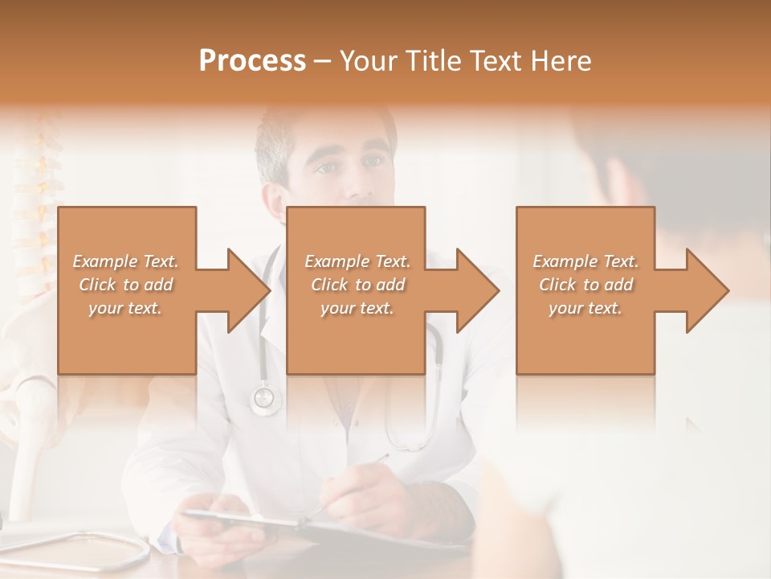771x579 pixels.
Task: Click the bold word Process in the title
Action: (252, 61)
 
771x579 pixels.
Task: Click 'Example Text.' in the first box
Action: (125, 261)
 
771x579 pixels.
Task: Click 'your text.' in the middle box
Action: (357, 308)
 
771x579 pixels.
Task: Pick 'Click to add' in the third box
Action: (585, 285)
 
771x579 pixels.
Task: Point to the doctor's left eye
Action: (371, 162)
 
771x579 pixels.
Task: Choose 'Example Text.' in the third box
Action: (585, 261)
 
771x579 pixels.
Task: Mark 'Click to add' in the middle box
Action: (357, 285)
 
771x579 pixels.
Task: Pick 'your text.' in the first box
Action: (125, 308)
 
